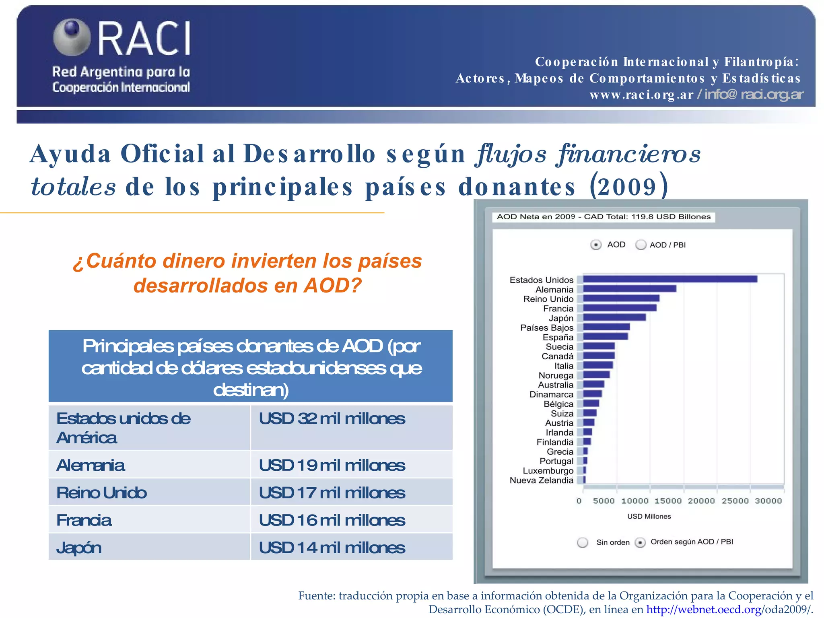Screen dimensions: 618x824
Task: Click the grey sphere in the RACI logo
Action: (72, 37)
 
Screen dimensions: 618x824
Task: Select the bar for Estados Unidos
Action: (670, 279)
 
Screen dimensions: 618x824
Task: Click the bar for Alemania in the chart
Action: (630, 289)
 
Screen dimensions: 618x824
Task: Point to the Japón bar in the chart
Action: (614, 317)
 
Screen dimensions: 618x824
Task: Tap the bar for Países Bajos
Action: (606, 327)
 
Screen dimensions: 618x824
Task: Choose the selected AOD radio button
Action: (596, 245)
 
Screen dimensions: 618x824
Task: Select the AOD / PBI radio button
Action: (641, 245)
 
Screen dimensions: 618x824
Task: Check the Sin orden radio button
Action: (582, 542)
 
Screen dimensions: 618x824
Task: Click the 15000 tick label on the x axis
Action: (668, 501)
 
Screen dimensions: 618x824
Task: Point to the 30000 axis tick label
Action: (768, 501)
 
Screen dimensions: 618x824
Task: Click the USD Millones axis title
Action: (649, 517)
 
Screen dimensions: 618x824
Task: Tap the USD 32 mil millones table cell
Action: (332, 419)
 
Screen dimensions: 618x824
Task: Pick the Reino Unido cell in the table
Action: (102, 493)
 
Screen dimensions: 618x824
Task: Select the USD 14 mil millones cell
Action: (332, 548)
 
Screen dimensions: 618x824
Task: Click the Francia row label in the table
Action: (84, 520)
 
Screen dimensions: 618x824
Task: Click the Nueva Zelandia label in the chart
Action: (541, 480)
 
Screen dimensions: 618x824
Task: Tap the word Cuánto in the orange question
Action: (121, 261)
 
